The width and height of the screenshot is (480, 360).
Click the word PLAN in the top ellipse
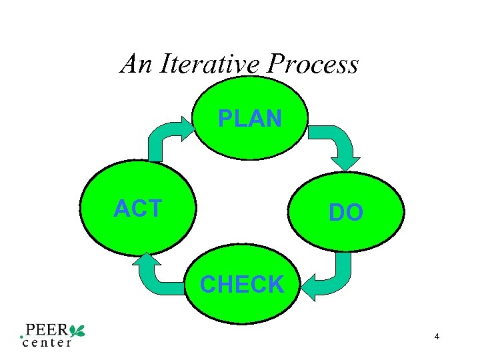click(250, 119)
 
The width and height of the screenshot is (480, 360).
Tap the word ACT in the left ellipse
click(138, 209)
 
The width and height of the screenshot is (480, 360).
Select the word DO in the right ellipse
click(346, 213)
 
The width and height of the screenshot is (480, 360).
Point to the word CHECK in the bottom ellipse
click(242, 285)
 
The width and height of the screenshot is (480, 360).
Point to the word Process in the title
click(313, 65)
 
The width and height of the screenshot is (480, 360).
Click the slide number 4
click(437, 337)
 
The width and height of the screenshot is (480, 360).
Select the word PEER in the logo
click(47, 330)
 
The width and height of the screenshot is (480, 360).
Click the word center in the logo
click(47, 343)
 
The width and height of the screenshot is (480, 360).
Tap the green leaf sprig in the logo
click(77, 329)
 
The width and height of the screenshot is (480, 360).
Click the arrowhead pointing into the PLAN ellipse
click(189, 126)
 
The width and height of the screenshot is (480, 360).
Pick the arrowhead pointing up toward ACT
click(146, 261)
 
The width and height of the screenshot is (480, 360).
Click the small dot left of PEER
click(22, 336)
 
